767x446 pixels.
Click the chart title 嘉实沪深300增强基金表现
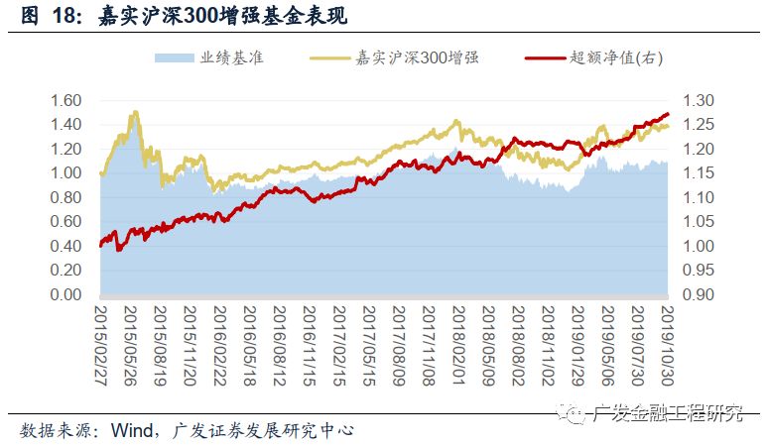pos(222,15)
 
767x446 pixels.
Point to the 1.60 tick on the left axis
pos(65,101)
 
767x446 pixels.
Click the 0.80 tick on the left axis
pos(65,197)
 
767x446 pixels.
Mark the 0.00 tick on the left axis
pos(65,294)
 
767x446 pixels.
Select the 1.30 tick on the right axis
pos(698,101)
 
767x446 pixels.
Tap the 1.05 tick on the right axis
pos(698,222)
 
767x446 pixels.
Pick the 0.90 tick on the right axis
pos(698,294)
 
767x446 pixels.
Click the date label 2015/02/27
pos(101,346)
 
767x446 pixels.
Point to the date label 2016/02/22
pos(220,346)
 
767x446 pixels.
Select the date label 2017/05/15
pos(369,346)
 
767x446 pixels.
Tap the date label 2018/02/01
pos(458,346)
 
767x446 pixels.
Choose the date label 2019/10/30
pos(668,346)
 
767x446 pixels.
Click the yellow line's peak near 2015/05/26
pos(136,112)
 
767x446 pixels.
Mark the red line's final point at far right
pos(668,114)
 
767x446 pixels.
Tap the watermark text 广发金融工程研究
pos(667,413)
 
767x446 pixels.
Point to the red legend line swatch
pos(546,58)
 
